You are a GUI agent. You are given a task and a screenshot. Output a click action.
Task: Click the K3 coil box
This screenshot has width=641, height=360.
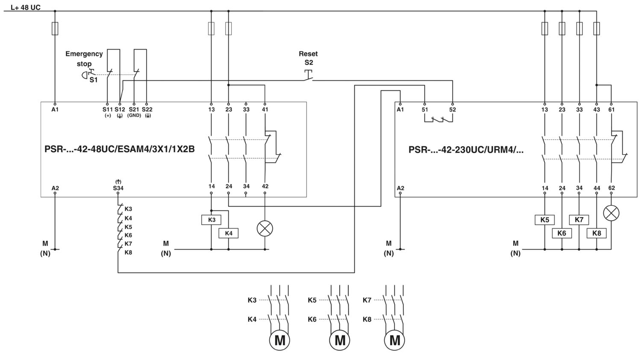(211, 220)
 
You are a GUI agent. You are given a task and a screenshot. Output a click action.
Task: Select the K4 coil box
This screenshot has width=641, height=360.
(228, 233)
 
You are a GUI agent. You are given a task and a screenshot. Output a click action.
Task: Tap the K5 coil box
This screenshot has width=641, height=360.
(544, 220)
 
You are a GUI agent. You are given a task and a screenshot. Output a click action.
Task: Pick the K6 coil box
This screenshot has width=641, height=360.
(562, 233)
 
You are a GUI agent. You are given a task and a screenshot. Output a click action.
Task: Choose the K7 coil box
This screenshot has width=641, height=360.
(579, 220)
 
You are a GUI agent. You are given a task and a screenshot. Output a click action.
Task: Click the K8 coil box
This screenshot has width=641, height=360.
(597, 233)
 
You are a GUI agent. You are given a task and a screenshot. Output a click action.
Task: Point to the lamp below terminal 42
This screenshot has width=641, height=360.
(265, 229)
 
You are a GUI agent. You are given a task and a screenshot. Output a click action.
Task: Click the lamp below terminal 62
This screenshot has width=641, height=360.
(611, 213)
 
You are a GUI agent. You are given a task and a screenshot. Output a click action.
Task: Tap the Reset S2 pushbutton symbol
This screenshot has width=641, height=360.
(309, 75)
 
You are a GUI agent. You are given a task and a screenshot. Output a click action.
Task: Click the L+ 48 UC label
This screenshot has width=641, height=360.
(26, 7)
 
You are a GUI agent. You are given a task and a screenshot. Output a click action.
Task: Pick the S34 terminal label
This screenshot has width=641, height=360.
(118, 188)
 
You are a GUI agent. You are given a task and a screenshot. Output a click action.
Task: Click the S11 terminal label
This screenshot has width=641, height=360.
(108, 109)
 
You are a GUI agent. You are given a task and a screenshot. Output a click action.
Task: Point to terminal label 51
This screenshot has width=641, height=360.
(425, 109)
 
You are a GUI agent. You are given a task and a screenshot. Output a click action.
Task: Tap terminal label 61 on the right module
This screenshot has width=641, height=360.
(611, 109)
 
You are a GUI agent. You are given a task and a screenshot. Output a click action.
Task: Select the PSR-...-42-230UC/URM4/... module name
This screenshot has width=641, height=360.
(466, 150)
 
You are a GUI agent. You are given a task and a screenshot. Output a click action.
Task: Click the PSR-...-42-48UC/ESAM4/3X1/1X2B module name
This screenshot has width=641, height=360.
(120, 149)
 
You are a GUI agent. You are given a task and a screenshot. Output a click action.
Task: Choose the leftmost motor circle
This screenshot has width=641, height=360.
(279, 340)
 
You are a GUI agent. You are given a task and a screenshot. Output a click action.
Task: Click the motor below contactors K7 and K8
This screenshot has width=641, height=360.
(394, 340)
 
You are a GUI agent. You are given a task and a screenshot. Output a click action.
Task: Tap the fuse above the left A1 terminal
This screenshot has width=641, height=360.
(55, 28)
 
